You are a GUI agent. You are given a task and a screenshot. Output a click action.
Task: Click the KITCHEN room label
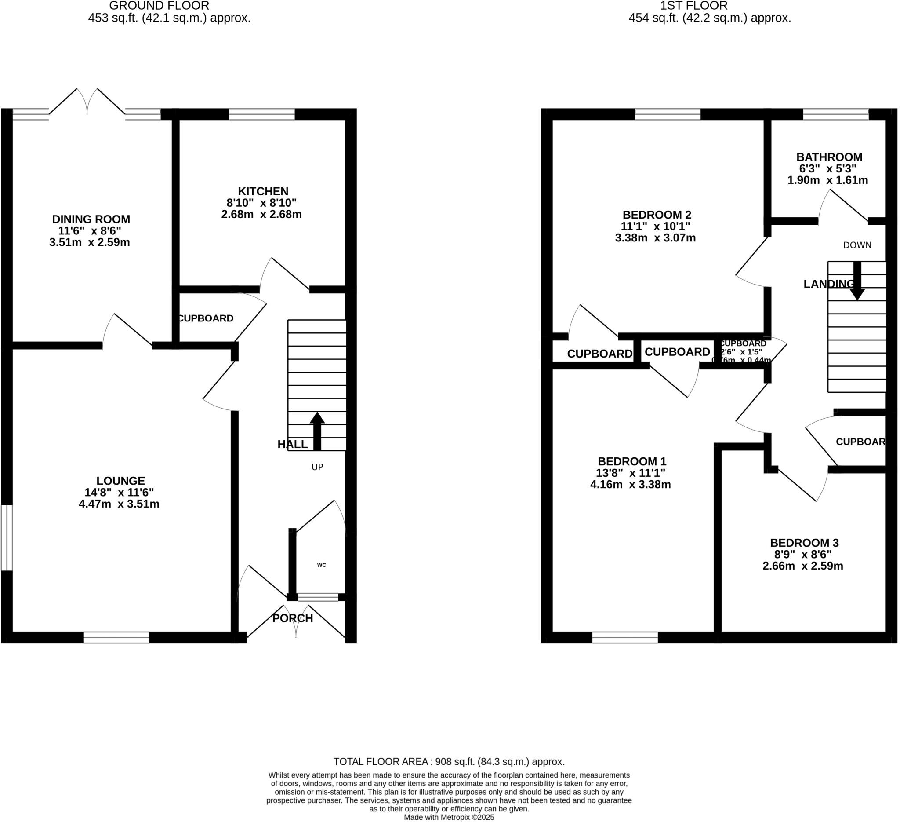click(263, 191)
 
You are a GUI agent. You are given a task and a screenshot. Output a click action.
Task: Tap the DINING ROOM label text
click(91, 219)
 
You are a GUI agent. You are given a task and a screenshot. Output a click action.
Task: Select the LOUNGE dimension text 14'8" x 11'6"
click(119, 492)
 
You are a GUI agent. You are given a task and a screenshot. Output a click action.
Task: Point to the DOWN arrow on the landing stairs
click(856, 281)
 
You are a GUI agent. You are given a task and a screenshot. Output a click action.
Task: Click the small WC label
click(321, 565)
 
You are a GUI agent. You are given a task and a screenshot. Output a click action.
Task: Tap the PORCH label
click(292, 618)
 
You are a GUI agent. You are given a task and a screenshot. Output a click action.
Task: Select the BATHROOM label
click(829, 157)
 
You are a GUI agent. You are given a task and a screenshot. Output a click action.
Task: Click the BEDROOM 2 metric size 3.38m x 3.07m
click(655, 238)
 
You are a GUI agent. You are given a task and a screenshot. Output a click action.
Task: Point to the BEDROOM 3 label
click(804, 543)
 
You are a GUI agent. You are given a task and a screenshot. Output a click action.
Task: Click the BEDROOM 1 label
click(631, 461)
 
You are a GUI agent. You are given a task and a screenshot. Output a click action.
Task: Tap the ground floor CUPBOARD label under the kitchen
click(205, 318)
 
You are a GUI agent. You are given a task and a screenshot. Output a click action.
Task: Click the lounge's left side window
click(6, 538)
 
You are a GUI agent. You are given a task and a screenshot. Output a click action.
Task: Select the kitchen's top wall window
click(262, 114)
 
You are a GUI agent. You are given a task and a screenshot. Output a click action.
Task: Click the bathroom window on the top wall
click(836, 114)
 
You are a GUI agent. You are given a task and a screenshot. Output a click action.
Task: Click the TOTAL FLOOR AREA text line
click(449, 762)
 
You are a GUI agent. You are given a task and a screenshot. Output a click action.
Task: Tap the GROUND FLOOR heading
click(159, 6)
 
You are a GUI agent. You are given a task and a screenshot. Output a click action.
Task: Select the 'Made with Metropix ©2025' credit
click(449, 817)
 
